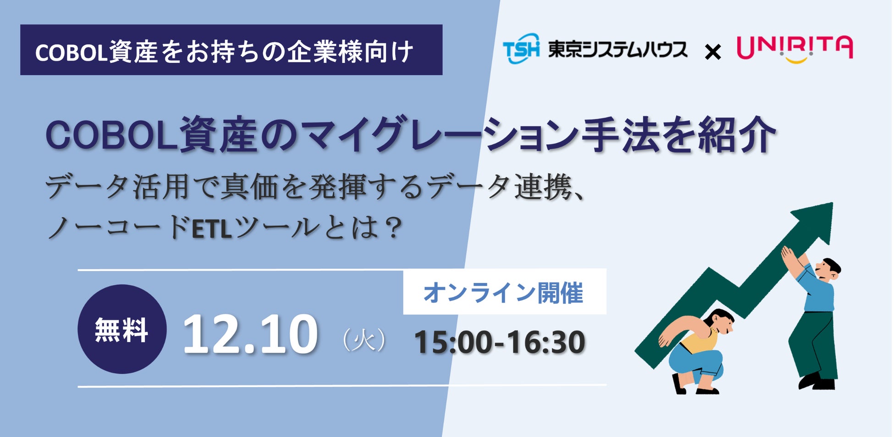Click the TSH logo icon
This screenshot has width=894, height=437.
coord(521,48)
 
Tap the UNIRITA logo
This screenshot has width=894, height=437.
coord(795,49)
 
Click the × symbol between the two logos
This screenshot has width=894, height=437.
coord(712,52)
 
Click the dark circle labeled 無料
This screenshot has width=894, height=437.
coord(122,329)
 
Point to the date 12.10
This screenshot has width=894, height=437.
coord(250,334)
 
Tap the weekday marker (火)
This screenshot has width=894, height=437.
coord(364,341)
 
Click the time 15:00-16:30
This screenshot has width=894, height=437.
coord(499,342)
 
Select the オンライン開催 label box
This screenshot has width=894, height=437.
coord(504,292)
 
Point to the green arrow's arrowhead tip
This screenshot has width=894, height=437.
coord(832,203)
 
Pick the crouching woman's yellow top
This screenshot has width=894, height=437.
coord(699,342)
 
